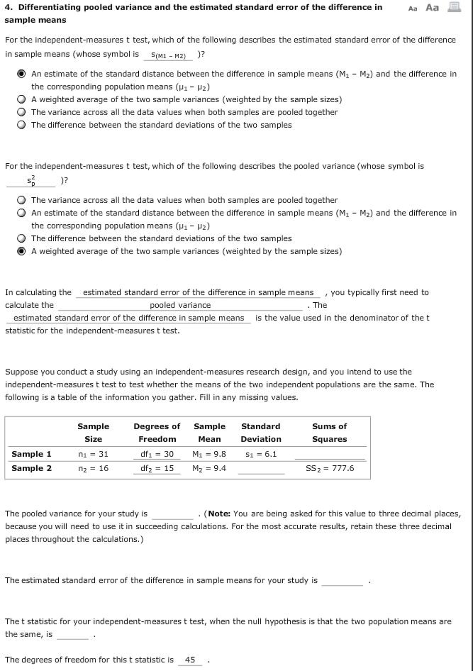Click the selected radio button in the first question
pos(21,74)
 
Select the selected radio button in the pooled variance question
pos(21,251)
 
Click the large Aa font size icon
pos(432,8)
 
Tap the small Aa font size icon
pos(413,9)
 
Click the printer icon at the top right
pos(454,7)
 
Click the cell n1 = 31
pos(93,454)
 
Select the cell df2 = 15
pos(157,468)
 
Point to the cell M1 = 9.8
pos(209,454)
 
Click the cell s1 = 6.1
pos(261,454)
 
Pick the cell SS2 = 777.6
pos(330,468)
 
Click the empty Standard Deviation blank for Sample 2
pos(261,469)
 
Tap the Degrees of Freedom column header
pos(157,433)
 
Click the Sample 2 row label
pos(31,468)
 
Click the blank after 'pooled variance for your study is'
pos(173,514)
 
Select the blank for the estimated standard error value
pos(342,580)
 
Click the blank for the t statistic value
pos(73,635)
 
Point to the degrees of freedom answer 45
pos(190,660)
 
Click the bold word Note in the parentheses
pos(219,514)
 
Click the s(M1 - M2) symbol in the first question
pos(168,55)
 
